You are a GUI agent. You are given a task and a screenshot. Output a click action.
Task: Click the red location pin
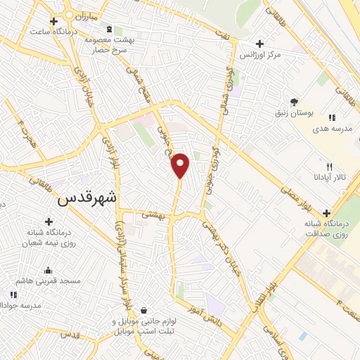[181, 165]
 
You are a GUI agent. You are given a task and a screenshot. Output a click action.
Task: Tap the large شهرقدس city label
[84, 199]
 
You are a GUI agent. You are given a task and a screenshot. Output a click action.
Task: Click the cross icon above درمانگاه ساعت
[53, 22]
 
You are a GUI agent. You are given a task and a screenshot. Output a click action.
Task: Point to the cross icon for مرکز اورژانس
[260, 44]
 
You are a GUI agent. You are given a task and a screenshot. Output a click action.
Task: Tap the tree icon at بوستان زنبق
[295, 102]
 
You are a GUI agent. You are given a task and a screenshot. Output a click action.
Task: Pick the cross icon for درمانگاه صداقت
[327, 213]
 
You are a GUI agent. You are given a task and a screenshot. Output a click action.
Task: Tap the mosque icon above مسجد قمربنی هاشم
[48, 270]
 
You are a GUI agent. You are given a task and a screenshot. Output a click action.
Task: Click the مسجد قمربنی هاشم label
[51, 281]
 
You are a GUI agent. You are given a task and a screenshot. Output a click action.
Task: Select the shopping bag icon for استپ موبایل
[143, 310]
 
